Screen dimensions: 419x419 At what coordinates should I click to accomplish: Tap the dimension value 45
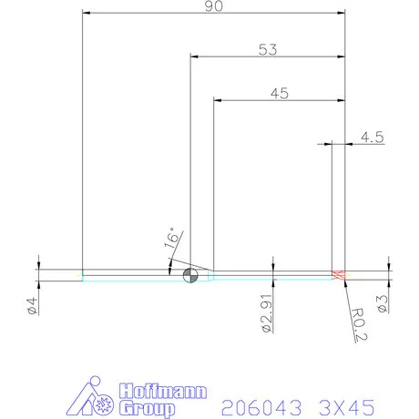click(280, 92)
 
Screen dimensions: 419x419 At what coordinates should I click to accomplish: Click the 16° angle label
click(171, 239)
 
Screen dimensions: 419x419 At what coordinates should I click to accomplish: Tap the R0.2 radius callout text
click(357, 323)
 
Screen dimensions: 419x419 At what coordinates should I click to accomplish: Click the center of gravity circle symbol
click(190, 276)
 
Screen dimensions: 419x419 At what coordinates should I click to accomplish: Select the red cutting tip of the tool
click(340, 275)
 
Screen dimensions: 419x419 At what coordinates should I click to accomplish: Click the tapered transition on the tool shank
click(208, 275)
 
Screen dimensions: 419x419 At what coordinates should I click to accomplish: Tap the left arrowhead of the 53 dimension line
click(194, 56)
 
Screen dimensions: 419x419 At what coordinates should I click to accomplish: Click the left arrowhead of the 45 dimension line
click(217, 98)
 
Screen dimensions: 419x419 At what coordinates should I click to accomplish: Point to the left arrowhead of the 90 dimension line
click(86, 13)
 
